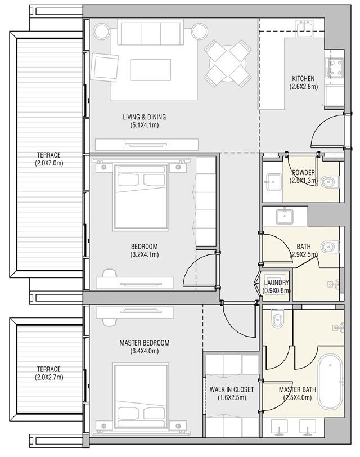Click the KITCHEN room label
click(x=303, y=78)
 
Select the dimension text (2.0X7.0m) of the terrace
click(x=49, y=163)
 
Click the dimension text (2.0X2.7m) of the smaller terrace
click(x=49, y=377)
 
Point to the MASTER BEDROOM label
click(x=144, y=343)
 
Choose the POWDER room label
click(x=303, y=173)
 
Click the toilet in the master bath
click(x=276, y=321)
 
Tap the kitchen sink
click(x=306, y=29)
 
